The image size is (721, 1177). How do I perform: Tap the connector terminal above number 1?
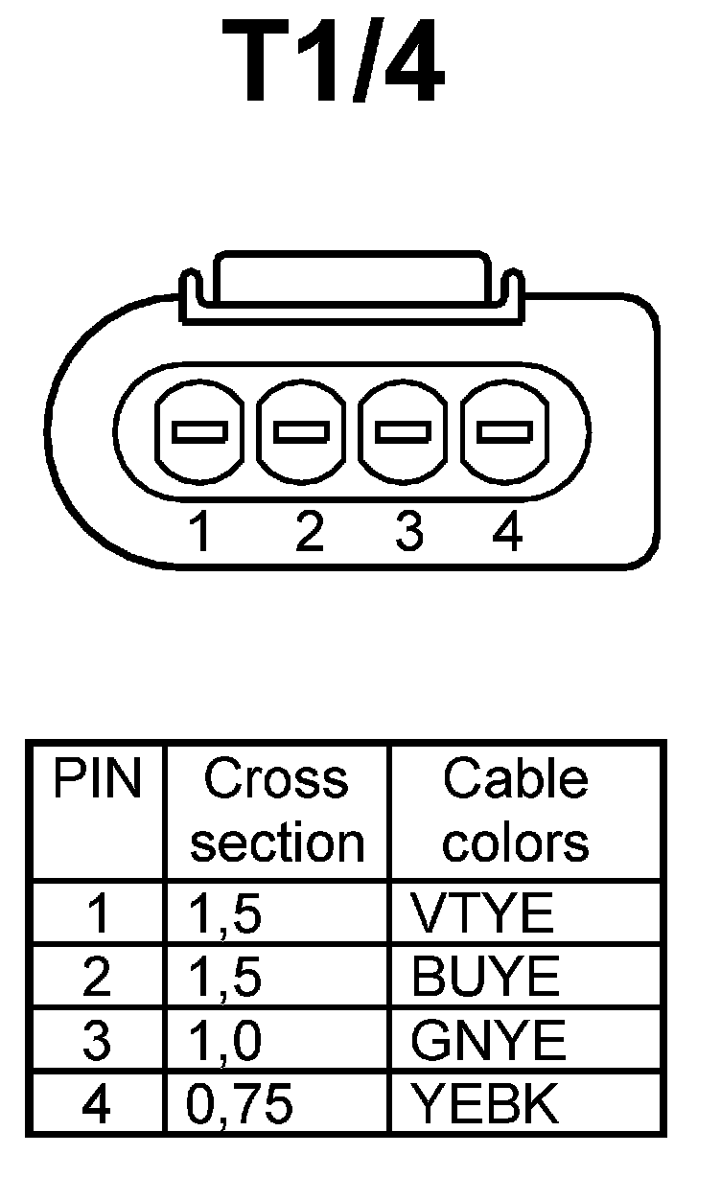199,432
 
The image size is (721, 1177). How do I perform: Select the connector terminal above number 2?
302,432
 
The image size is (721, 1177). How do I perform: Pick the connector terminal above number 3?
404,432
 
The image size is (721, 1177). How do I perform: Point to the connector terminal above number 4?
505,432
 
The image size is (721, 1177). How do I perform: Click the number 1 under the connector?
200,533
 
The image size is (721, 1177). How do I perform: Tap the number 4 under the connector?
506,533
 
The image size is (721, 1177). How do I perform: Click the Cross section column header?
277,811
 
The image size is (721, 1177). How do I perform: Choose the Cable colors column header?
516,811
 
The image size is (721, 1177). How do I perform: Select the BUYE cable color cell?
484,978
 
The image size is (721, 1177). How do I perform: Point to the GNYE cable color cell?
488,1042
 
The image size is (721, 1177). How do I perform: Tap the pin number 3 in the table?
96,1042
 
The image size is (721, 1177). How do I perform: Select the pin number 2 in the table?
96,978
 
